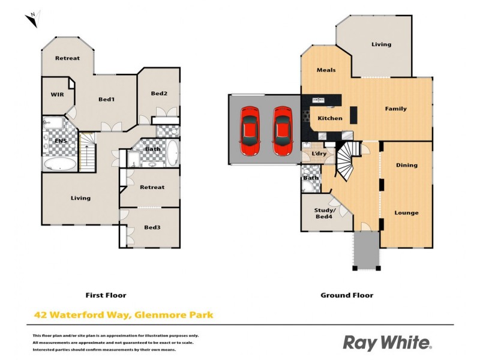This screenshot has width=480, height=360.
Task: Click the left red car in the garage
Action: [x=249, y=130]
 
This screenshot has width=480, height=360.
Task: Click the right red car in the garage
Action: [x=282, y=130]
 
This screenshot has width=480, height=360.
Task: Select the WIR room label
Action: [x=57, y=95]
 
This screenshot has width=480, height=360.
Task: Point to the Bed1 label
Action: [x=106, y=99]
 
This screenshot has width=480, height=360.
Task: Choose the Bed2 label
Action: [x=158, y=93]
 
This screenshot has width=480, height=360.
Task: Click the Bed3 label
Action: [x=152, y=227]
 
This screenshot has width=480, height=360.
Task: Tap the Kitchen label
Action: [x=330, y=118]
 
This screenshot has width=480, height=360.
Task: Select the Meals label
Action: [x=326, y=70]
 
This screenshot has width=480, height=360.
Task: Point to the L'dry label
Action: [x=319, y=155]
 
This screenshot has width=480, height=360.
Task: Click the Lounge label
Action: [x=406, y=213]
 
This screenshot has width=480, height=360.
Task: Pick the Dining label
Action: [x=406, y=165]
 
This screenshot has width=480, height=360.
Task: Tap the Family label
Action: [x=395, y=109]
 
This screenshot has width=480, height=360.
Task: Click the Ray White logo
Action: [x=386, y=343]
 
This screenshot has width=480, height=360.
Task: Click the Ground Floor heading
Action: [x=347, y=295]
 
